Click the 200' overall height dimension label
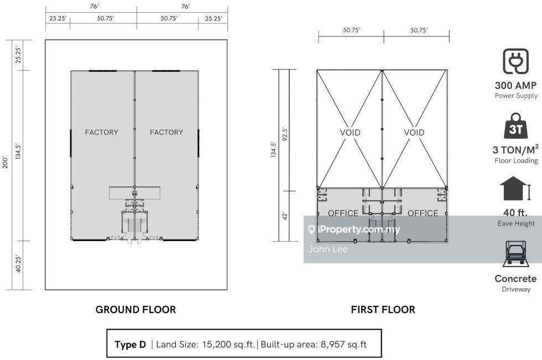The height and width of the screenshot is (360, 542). (x=5, y=162)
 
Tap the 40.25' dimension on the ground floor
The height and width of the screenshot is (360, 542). (x=18, y=264)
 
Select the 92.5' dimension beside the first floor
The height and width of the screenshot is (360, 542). (x=285, y=134)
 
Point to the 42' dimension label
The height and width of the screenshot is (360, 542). (x=285, y=216)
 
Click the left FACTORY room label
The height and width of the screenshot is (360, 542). (x=102, y=132)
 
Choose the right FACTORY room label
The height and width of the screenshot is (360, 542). (x=166, y=132)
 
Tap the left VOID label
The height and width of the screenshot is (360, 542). (x=350, y=133)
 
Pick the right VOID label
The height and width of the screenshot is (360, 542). (x=414, y=133)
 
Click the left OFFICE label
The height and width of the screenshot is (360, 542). (x=343, y=213)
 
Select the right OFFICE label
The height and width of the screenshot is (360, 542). (x=423, y=213)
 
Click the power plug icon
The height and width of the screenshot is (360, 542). (x=515, y=61)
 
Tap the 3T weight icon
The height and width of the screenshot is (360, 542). (x=515, y=126)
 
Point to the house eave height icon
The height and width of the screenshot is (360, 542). (x=515, y=189)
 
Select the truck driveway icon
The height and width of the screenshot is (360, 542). (x=515, y=254)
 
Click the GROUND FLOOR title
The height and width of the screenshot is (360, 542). (x=136, y=310)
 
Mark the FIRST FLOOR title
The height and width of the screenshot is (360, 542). (x=383, y=310)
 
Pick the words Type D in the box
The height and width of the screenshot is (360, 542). (x=131, y=345)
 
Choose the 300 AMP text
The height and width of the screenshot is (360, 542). (x=515, y=85)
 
